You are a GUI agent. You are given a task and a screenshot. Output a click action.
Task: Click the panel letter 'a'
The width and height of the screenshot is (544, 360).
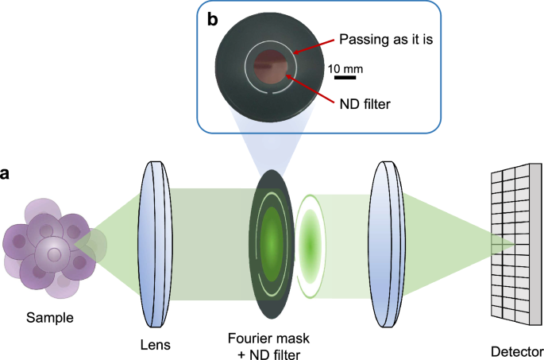tap(7, 174)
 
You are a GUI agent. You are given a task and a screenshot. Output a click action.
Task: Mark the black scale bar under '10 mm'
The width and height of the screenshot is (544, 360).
tap(344, 77)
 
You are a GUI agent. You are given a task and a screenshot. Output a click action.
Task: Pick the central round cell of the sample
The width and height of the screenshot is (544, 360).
tap(53, 255)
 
